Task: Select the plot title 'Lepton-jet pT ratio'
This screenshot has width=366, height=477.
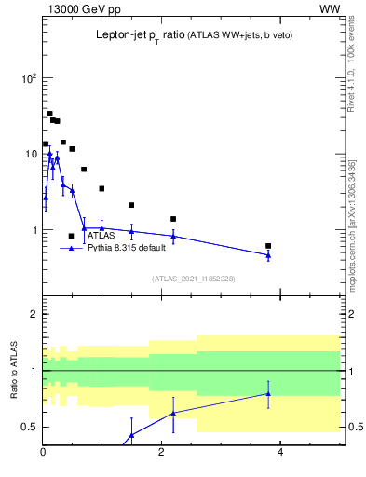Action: pos(139,35)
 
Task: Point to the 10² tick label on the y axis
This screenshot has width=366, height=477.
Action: pos(28,78)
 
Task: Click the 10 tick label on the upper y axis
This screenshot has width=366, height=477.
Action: pos(30,154)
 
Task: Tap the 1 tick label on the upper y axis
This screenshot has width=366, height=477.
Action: pos(34,230)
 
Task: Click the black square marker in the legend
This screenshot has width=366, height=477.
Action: pos(71,236)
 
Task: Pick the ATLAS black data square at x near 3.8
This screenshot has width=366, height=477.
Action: pos(268,246)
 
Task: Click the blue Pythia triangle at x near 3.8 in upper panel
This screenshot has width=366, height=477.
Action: pos(268,255)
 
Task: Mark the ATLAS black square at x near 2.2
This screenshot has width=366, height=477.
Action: pos(173,219)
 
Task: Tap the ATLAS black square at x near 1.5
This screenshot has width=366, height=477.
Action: pos(131,205)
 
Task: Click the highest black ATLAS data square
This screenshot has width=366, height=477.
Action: pos(49,114)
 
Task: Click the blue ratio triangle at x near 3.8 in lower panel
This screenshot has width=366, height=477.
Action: pos(268,393)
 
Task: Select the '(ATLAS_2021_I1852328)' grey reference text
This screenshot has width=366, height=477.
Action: pos(193,279)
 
